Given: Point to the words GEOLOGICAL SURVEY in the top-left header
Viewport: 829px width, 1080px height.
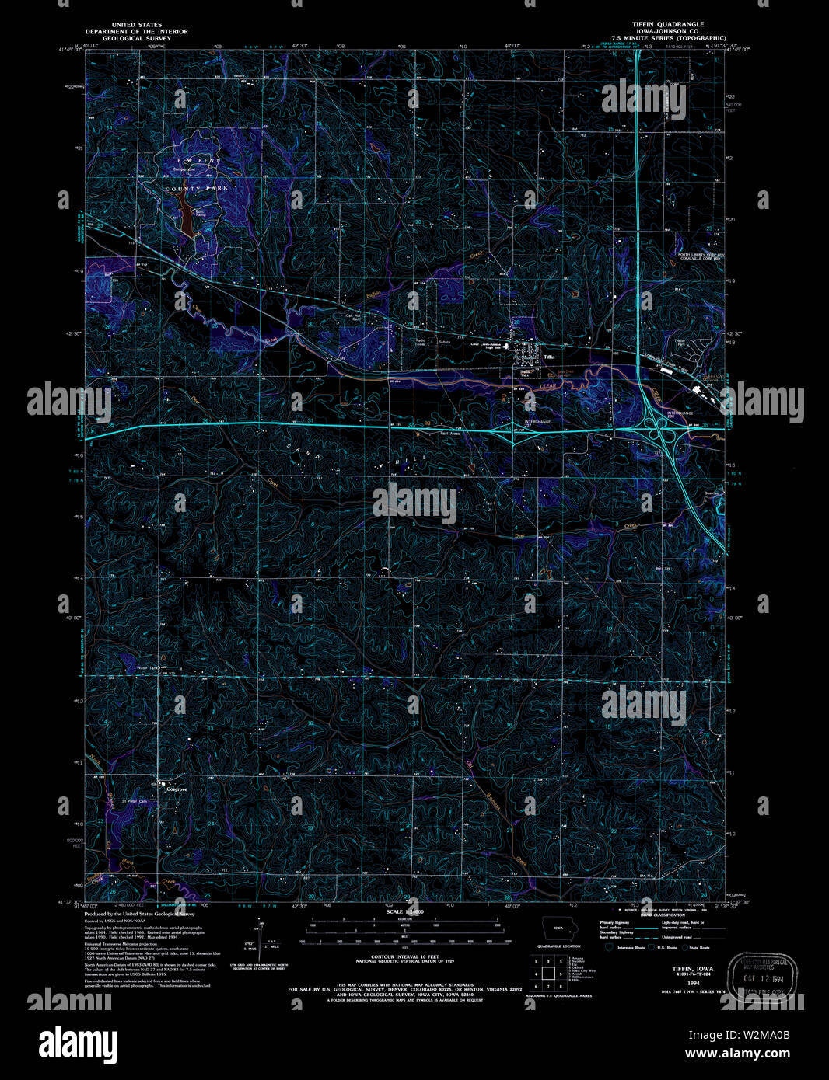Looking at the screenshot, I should (136, 37).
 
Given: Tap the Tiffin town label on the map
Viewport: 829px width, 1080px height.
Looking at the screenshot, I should (550, 357).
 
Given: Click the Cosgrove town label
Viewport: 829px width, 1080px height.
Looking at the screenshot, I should (177, 789).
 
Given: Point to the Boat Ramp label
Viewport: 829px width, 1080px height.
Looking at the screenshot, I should (200, 211).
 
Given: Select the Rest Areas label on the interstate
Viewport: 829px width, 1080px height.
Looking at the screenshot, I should (450, 434).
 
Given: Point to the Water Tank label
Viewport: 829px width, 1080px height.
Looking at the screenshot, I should (148, 667).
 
